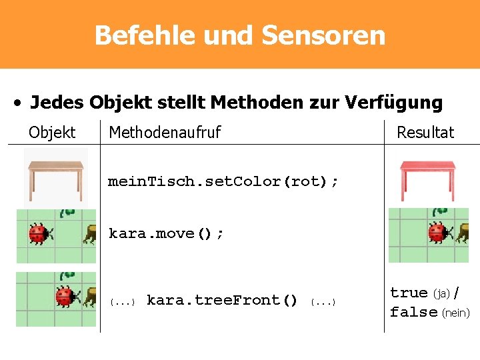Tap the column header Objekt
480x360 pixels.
coord(52,132)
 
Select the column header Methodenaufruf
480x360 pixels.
coord(165,132)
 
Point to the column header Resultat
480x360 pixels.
coord(425,132)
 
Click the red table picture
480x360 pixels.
coord(427,179)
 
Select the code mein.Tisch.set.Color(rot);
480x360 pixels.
coord(223,181)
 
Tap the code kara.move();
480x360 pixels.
coord(166,233)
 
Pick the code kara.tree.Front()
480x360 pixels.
coord(222,300)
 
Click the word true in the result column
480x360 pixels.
coord(409,293)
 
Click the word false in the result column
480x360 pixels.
coord(413,312)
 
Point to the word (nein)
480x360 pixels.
coord(456,313)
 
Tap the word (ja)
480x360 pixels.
coord(442,293)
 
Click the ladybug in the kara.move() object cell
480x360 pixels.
coord(38,233)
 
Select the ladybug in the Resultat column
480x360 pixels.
coord(437,233)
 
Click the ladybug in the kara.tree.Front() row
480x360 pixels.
coord(65,296)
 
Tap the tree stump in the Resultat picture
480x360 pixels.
coord(461,233)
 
